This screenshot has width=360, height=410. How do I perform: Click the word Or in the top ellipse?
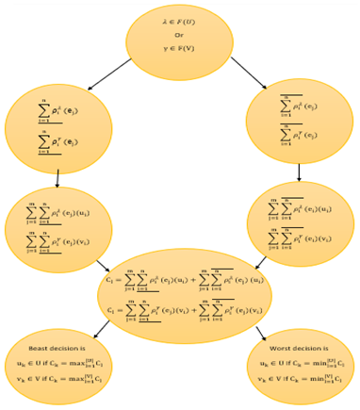point(179,35)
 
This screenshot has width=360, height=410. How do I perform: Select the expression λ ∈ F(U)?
point(179,21)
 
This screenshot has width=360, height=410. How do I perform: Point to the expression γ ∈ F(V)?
point(179,48)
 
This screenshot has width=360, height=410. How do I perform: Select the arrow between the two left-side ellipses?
point(57,179)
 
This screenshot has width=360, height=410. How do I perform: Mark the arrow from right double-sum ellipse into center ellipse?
point(261,260)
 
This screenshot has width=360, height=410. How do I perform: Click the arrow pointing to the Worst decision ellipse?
point(261,331)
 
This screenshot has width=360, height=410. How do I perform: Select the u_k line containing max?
point(58,363)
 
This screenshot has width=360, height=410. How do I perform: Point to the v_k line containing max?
point(58,378)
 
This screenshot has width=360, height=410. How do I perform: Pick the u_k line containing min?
point(302,363)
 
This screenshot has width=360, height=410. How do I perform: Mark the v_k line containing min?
point(302,378)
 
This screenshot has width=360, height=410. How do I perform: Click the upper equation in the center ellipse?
point(184,281)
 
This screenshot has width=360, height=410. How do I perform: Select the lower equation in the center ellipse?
point(184,308)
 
